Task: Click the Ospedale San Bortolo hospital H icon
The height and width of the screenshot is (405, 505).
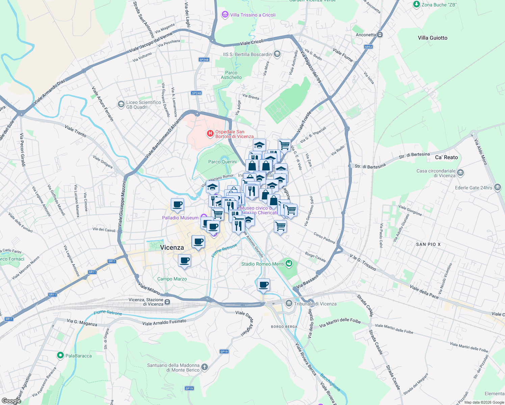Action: click(210, 134)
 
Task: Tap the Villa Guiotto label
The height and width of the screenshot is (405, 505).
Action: click(432, 38)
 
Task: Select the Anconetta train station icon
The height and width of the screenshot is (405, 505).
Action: click(380, 35)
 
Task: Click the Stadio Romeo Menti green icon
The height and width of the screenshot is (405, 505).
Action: click(289, 264)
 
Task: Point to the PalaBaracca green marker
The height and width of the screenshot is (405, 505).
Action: click(60, 355)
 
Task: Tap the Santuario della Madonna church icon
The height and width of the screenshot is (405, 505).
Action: click(204, 367)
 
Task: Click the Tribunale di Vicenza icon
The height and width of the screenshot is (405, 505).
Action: click(289, 303)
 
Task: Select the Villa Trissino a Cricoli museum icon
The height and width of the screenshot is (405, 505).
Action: click(225, 15)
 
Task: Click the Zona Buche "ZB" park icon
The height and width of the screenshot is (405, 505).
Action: click(417, 4)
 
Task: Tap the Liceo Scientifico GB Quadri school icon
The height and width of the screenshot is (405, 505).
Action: click(121, 104)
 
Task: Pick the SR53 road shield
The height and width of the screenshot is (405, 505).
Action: click(368, 47)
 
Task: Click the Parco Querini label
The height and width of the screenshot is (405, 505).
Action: click(222, 162)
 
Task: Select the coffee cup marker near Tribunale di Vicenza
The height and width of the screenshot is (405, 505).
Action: click(263, 285)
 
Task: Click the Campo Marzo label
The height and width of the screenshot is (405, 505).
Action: click(172, 279)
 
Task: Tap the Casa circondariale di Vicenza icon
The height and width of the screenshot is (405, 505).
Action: click(460, 173)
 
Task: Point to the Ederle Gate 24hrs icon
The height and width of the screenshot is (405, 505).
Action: click(497, 187)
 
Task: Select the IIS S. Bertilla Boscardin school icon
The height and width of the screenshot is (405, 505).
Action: click(277, 54)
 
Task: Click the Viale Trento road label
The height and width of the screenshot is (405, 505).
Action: click(75, 131)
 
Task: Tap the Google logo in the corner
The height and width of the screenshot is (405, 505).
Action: click(11, 401)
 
